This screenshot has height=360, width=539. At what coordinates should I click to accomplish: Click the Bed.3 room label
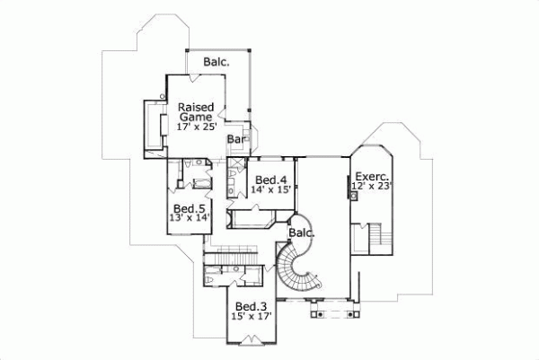click(252, 306)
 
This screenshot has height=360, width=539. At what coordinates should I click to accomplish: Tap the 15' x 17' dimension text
click(252, 316)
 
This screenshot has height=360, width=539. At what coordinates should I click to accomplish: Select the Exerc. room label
click(370, 176)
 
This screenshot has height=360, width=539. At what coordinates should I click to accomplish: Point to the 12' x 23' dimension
click(371, 187)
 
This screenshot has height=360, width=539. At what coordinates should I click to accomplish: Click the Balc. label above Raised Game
click(216, 62)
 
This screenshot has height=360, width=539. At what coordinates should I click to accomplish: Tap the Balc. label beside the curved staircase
click(301, 233)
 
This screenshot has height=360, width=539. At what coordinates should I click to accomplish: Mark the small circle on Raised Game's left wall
click(163, 94)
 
